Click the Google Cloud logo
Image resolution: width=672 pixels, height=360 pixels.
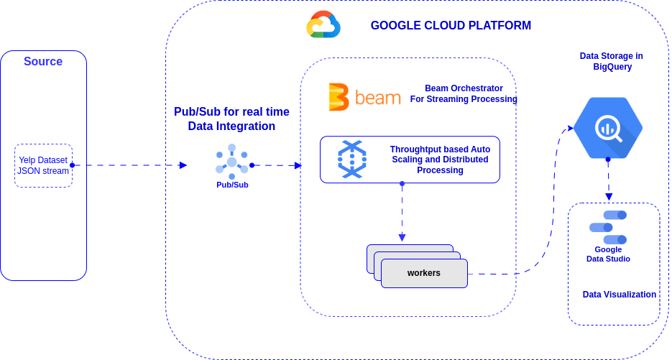click(x=323, y=25)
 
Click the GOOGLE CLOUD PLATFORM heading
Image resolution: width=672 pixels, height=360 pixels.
click(x=451, y=26)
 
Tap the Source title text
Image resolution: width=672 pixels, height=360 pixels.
click(x=43, y=62)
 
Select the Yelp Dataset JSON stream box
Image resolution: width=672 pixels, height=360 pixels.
click(x=43, y=165)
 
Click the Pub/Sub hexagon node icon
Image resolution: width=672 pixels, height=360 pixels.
click(x=231, y=162)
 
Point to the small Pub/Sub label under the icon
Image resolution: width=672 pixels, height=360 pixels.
click(x=232, y=185)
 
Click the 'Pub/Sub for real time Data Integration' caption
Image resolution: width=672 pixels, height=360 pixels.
click(x=231, y=119)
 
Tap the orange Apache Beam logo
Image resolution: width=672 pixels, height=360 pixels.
click(x=364, y=97)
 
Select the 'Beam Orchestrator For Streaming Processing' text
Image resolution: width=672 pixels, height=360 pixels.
click(x=464, y=93)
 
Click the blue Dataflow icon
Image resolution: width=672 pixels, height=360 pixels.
click(x=352, y=160)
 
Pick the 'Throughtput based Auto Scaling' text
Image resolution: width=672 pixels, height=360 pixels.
click(x=440, y=160)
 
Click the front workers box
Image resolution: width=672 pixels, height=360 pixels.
click(x=424, y=273)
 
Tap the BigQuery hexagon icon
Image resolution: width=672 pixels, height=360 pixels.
click(x=608, y=128)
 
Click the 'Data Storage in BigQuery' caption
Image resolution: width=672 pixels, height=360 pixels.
click(x=612, y=61)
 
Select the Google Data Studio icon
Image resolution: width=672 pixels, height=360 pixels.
click(x=608, y=227)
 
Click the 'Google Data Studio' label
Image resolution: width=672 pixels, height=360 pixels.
click(x=608, y=254)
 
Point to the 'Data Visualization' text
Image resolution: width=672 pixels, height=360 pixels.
click(x=619, y=295)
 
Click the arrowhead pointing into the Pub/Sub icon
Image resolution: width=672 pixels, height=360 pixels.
click(x=183, y=165)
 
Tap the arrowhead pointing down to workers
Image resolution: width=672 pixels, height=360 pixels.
click(x=402, y=237)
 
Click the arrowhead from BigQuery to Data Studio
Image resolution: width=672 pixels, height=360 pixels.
click(x=609, y=196)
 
